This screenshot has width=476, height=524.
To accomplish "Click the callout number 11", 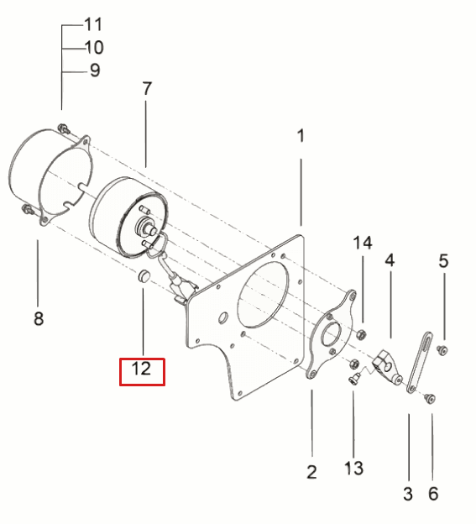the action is tap(93, 24).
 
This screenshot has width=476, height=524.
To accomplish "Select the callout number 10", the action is tap(94, 48).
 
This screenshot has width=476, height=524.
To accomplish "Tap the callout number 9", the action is tap(95, 71).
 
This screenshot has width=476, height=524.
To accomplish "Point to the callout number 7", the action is tap(147, 88).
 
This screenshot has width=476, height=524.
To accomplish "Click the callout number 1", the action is tap(301, 136).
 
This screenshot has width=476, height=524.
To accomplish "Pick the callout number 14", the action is tap(363, 243).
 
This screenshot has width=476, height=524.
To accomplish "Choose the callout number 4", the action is tap(390, 260).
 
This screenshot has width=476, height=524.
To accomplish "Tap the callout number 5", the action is tap(443, 261).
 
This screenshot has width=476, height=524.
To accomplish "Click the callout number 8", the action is tap(39, 318).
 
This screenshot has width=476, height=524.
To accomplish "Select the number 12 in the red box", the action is tap(141, 369).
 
